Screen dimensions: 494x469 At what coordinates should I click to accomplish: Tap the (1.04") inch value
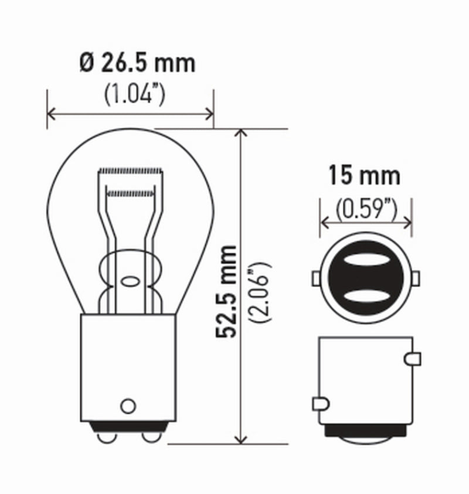tap(133, 94)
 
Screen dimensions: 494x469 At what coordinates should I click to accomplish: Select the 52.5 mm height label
tap(226, 291)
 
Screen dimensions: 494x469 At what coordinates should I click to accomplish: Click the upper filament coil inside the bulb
tap(130, 171)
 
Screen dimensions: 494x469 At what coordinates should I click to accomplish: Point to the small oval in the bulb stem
tap(128, 281)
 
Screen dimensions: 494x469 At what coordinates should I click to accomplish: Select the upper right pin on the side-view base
tap(413, 357)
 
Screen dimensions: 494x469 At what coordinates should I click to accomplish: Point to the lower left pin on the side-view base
tap(320, 403)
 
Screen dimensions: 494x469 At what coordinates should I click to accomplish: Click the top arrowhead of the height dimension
tap(239, 133)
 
